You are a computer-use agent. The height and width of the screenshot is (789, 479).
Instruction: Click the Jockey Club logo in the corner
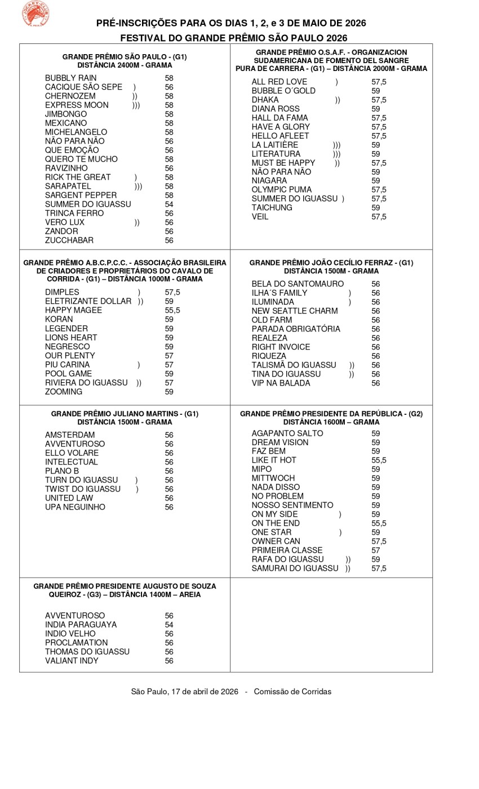click(35, 14)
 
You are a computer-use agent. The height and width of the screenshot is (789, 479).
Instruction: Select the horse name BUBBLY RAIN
click(70, 78)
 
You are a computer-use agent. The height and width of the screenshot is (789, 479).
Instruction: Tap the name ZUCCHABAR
click(69, 240)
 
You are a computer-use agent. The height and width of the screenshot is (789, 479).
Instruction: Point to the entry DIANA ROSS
click(276, 109)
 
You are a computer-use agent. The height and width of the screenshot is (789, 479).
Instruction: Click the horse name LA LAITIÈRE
click(275, 145)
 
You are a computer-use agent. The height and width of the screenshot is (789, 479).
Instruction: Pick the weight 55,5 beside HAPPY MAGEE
click(172, 311)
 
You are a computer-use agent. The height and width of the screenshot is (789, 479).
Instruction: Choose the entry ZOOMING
click(64, 392)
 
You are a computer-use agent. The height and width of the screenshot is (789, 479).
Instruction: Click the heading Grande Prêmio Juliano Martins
click(125, 414)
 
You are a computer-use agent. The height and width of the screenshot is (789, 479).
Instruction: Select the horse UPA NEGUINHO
click(75, 507)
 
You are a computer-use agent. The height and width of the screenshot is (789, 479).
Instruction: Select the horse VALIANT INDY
click(72, 661)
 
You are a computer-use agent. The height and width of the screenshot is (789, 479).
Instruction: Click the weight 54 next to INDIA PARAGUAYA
click(169, 624)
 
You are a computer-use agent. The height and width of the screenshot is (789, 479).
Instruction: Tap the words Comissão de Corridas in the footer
click(292, 692)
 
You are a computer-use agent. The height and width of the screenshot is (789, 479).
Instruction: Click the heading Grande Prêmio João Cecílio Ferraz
click(331, 263)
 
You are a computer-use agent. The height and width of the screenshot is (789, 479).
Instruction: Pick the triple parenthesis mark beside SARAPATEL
click(138, 186)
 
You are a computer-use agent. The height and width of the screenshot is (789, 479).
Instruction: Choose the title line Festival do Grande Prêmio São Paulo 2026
click(233, 38)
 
